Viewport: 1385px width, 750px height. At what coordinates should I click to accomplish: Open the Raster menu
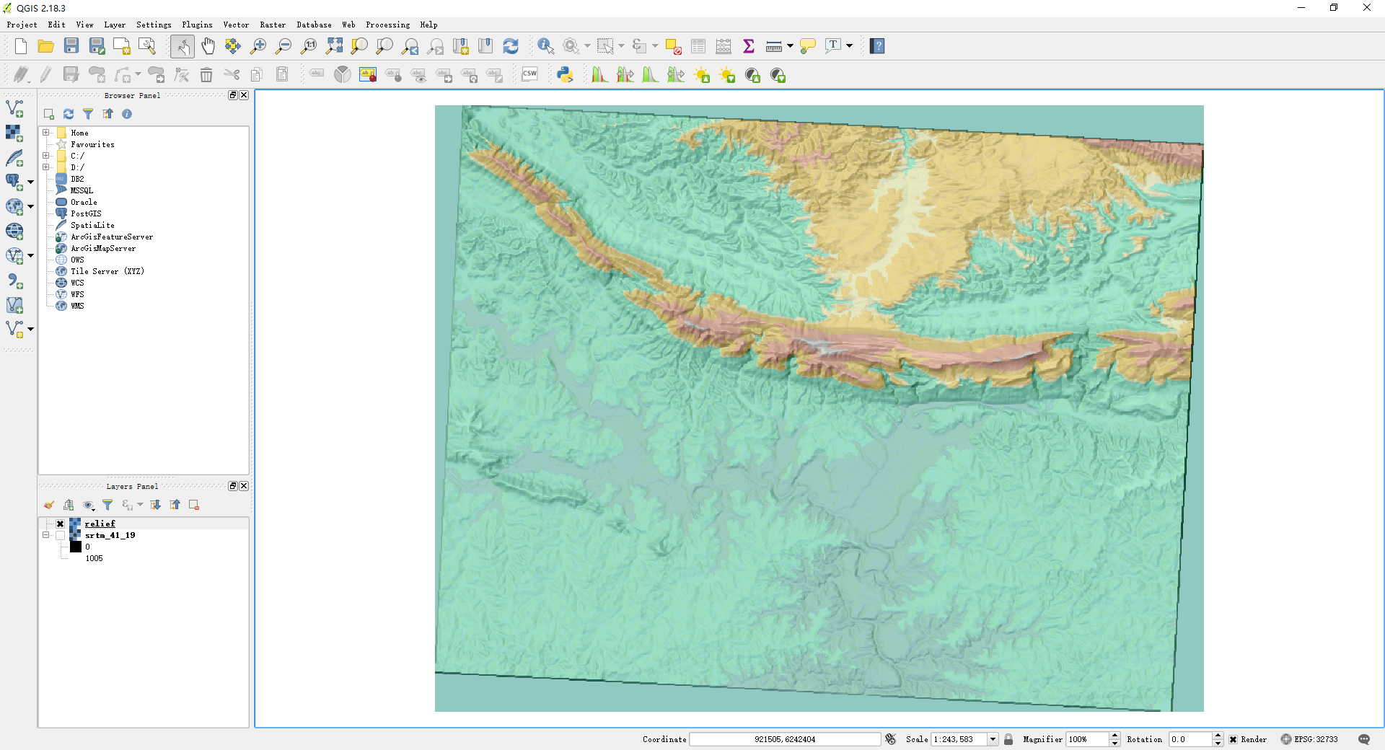[x=273, y=25]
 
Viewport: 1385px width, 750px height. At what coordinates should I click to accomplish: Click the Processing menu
[x=387, y=25]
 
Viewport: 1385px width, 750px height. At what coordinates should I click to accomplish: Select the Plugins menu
[x=197, y=25]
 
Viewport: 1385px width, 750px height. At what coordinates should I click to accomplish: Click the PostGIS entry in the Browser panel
[x=86, y=213]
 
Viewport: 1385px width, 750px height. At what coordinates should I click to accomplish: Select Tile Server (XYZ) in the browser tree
[x=107, y=271]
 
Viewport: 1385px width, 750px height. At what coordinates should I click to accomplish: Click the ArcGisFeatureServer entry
[x=111, y=237]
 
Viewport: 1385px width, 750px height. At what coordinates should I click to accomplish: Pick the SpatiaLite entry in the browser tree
[x=92, y=225]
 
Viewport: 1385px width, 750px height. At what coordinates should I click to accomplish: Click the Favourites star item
[x=92, y=144]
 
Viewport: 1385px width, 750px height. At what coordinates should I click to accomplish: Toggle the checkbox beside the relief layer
[x=61, y=524]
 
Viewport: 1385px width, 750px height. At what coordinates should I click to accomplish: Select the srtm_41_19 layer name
[x=110, y=535]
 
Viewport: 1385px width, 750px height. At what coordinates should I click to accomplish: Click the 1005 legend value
[x=94, y=558]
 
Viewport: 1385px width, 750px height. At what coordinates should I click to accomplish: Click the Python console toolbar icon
[x=565, y=74]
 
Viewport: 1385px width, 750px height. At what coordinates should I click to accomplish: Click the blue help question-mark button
[x=877, y=46]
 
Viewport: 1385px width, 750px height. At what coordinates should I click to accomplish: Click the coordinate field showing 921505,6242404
[x=784, y=739]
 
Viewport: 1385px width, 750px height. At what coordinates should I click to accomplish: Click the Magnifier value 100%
[x=1086, y=739]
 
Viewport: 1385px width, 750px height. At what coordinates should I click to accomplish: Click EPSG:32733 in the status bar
[x=1316, y=739]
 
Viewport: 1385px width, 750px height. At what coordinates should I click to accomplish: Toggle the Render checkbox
[x=1234, y=739]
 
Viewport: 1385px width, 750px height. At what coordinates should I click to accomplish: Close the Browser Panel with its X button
[x=244, y=95]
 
